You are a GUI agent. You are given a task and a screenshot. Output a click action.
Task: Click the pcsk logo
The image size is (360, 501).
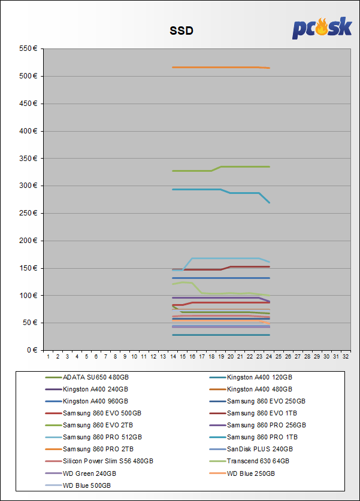(321, 28)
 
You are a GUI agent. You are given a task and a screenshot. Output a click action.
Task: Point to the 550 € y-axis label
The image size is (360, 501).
(29, 48)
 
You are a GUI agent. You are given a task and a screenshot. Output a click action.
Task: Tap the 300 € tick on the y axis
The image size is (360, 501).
(29, 186)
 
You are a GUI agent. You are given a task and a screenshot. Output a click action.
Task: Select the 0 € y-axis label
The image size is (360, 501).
(32, 350)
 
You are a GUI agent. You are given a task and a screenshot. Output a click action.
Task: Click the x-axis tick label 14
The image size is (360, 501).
(173, 357)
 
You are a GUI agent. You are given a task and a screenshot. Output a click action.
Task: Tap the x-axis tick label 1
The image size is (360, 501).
(48, 357)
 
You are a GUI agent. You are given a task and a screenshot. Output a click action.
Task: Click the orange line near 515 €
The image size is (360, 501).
(216, 67)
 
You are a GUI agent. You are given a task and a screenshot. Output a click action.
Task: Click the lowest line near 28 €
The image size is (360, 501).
(216, 335)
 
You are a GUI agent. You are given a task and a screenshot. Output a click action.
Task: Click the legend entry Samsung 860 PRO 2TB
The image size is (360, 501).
(98, 450)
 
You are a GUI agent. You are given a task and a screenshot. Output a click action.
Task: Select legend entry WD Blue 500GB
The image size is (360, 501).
(87, 485)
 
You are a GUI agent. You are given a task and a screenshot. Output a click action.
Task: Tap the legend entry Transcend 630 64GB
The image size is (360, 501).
(258, 461)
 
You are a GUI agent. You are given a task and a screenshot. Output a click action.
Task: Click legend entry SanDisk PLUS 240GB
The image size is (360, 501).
(260, 450)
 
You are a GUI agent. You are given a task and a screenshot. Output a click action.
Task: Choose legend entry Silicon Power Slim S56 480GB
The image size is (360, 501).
(108, 461)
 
